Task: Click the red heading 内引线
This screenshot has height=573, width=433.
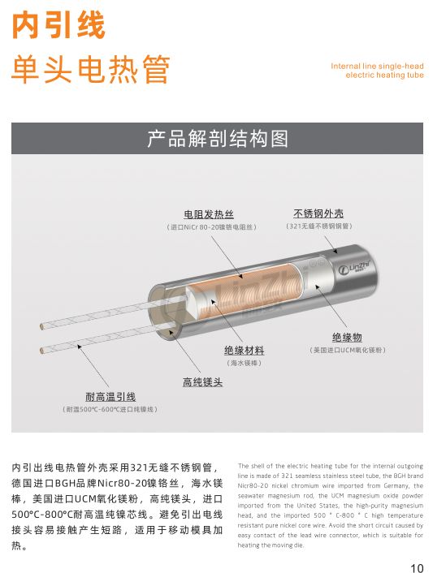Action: click(x=58, y=26)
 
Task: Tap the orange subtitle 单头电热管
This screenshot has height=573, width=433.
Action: click(x=90, y=71)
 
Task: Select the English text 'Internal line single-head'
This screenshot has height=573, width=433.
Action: click(x=377, y=66)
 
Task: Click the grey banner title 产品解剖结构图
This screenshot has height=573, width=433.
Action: click(x=217, y=139)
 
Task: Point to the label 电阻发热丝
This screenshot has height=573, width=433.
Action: click(x=209, y=214)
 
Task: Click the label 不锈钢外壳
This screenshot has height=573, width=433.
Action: click(x=318, y=213)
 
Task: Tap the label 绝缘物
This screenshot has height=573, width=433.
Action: click(x=347, y=337)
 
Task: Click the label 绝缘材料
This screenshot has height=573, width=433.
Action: click(x=244, y=351)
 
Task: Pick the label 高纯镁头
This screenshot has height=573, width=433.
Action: click(x=201, y=381)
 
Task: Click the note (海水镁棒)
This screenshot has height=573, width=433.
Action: click(x=244, y=363)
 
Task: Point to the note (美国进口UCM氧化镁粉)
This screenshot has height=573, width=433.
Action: click(x=347, y=349)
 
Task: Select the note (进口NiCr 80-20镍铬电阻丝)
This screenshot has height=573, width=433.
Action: click(x=210, y=226)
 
